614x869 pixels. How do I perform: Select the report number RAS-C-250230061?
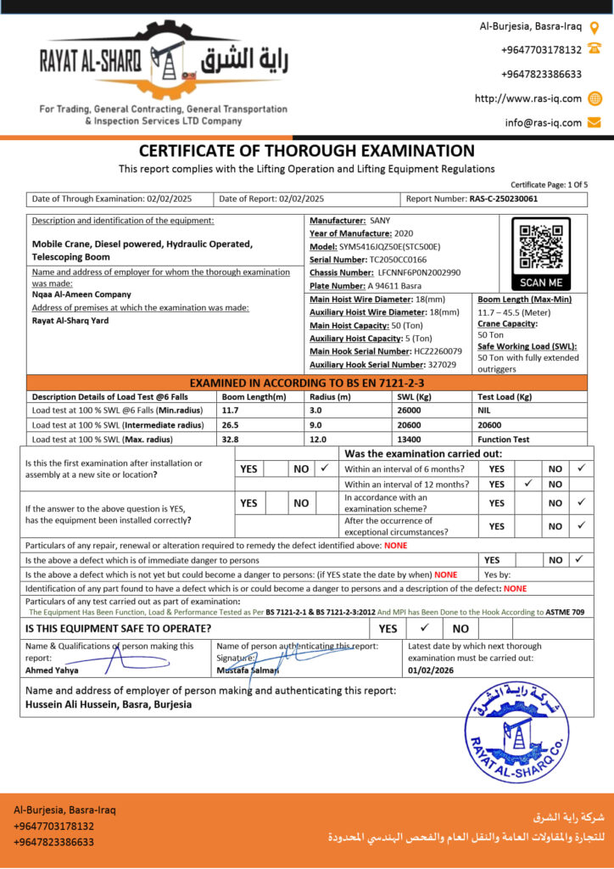503,199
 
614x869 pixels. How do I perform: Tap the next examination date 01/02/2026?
432,670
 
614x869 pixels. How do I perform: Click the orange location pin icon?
594,27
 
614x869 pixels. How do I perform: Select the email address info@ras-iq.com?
544,122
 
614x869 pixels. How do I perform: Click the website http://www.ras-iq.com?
528,98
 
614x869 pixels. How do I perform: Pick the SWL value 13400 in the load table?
409,440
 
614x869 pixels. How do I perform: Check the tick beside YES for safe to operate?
425,629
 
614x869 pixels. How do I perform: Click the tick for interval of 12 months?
527,484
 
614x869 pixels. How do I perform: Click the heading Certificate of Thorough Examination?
306,151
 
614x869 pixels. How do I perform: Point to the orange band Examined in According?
306,383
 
